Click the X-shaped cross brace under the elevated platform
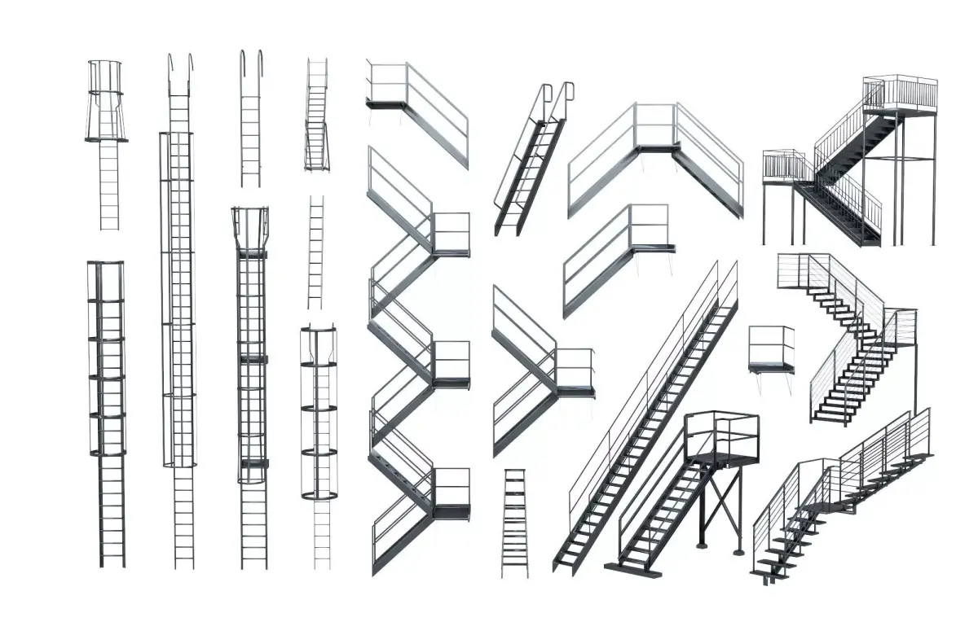tap(720, 508)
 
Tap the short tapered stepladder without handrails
tap(514, 521)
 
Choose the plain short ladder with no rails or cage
tap(316, 252)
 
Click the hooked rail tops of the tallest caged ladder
tap(181, 65)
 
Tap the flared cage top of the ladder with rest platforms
tap(251, 224)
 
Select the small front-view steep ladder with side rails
tap(317, 122)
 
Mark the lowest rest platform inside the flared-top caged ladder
tap(253, 462)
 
